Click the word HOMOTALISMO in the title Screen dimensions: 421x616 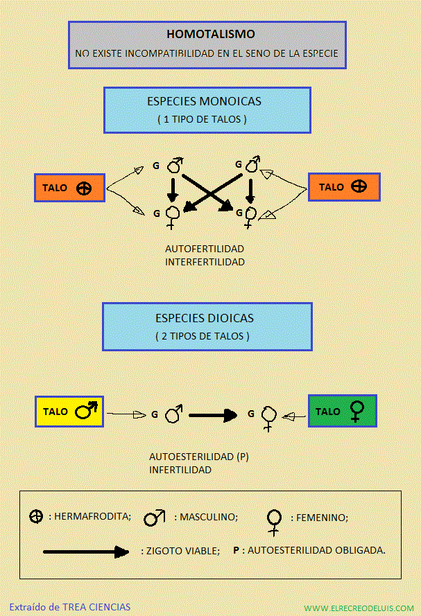click(211, 34)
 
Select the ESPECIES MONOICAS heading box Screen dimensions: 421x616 click(207, 110)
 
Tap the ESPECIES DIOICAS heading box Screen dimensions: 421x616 click(207, 326)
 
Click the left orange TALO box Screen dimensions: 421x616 click(69, 188)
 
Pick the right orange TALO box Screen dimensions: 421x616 click(344, 187)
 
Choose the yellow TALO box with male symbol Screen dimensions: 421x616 click(69, 412)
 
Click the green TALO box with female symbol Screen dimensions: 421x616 click(343, 411)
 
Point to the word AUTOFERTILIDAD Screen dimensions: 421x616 click(205, 249)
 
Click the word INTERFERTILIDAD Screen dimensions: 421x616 click(205, 262)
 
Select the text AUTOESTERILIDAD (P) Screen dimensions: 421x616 click(199, 457)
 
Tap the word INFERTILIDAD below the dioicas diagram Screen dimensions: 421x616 click(180, 470)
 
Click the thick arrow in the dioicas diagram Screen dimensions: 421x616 click(213, 415)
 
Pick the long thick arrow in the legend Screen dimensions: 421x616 click(86, 552)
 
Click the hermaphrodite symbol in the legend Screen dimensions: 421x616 click(36, 516)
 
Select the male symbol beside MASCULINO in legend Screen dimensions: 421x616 click(155, 518)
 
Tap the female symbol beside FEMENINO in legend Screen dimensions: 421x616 click(274, 522)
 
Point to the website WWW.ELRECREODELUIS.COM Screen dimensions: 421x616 click(359, 608)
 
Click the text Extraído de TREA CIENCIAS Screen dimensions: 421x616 click(70, 607)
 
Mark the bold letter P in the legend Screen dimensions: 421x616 click(236, 550)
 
